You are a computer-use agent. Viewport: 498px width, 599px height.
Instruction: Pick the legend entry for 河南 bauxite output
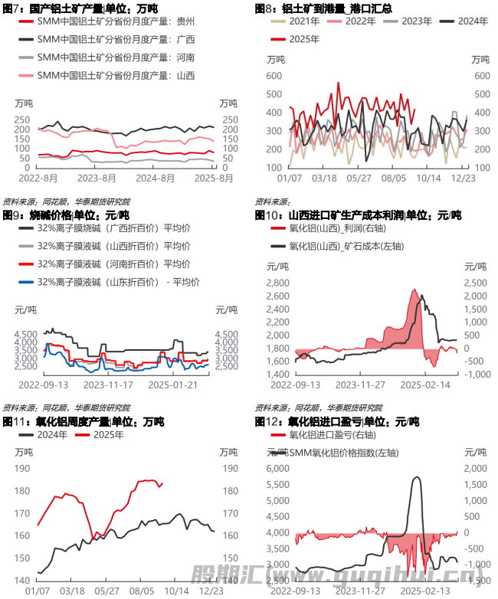[115, 57]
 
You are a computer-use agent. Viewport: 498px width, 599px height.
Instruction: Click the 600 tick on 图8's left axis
[274, 76]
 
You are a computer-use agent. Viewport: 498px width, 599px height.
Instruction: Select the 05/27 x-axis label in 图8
[359, 178]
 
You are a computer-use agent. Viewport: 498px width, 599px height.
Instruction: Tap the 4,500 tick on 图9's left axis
[26, 334]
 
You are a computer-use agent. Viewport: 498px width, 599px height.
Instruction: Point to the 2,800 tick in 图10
[277, 283]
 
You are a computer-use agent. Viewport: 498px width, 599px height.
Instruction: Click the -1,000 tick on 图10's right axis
[476, 374]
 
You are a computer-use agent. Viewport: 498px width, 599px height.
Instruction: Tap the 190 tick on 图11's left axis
[23, 469]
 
